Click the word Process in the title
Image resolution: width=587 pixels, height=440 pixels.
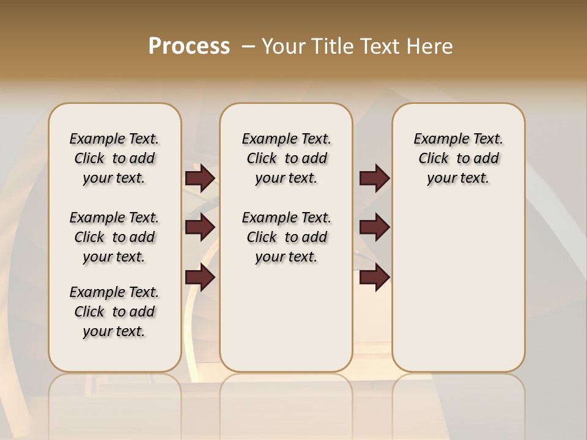pyautogui.click(x=189, y=46)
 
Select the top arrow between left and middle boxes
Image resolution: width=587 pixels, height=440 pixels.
pyautogui.click(x=200, y=178)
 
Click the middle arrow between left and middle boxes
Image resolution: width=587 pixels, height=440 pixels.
pyautogui.click(x=200, y=228)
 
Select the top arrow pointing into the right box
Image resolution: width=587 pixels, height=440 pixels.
pyautogui.click(x=374, y=178)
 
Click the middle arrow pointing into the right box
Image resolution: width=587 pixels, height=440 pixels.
pyautogui.click(x=374, y=228)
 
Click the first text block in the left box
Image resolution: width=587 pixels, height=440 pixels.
pyautogui.click(x=114, y=158)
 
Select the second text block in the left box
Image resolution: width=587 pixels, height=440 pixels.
pyautogui.click(x=114, y=237)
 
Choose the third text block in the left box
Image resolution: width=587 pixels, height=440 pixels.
pyautogui.click(x=114, y=312)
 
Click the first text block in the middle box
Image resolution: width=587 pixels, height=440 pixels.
pyautogui.click(x=286, y=158)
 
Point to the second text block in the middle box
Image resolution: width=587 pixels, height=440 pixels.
pyautogui.click(x=286, y=237)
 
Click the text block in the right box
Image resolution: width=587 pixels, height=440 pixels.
pyautogui.click(x=458, y=158)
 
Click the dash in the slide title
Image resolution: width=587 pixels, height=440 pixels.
pyautogui.click(x=248, y=46)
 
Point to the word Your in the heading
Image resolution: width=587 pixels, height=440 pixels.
pyautogui.click(x=284, y=46)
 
